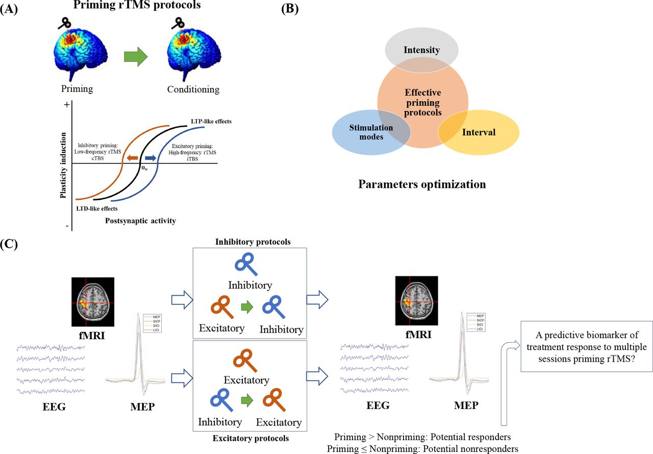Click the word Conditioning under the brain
point(193,89)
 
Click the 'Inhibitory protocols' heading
point(253,242)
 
